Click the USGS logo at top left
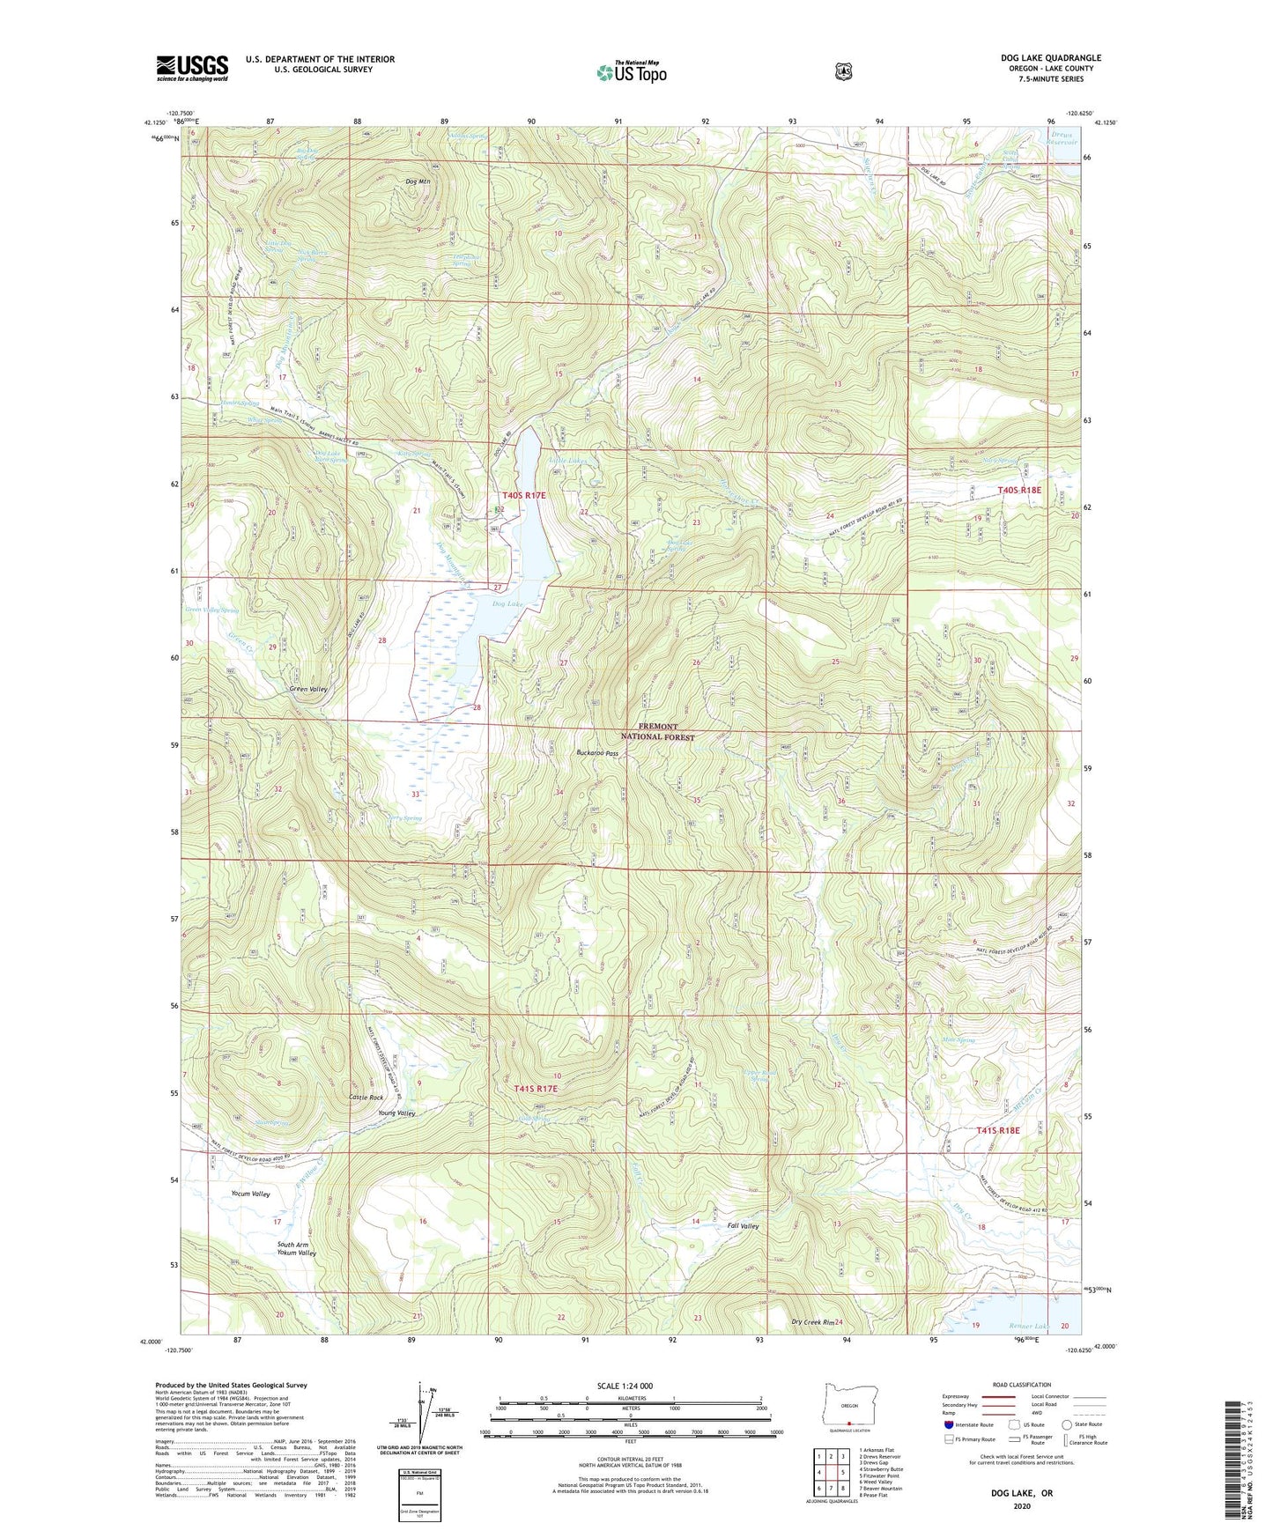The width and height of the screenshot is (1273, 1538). point(192,68)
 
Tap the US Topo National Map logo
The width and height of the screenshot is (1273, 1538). point(630,72)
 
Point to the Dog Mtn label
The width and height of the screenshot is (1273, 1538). point(418,182)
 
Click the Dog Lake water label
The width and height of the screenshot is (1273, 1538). point(507,603)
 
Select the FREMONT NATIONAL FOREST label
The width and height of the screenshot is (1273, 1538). point(657,732)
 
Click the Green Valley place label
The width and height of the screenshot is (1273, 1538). point(308,689)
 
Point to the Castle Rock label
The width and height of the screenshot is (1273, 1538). point(366,1098)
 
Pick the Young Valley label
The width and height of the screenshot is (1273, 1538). point(396,1113)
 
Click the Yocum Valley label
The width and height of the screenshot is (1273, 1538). point(250,1194)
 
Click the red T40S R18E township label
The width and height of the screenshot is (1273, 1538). point(1019,490)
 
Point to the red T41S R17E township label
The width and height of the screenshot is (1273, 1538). point(536,1090)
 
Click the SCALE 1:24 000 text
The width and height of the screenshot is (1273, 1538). point(625,1386)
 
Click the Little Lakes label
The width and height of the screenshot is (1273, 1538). point(567,461)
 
